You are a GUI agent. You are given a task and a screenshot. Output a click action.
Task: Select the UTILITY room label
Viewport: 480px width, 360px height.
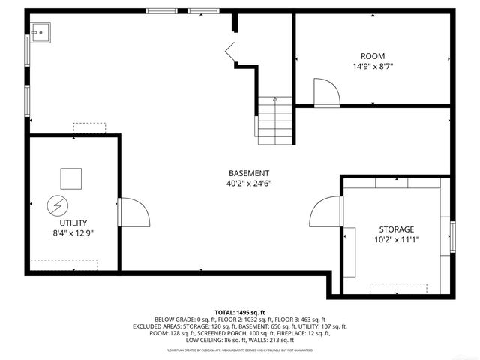coord(73,223)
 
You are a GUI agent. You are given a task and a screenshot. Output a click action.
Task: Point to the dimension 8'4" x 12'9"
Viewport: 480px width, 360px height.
coord(73,233)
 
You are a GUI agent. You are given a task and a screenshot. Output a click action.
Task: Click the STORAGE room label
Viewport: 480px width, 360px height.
coord(396,229)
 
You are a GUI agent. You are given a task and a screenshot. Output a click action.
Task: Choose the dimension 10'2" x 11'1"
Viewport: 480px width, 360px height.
coord(396,240)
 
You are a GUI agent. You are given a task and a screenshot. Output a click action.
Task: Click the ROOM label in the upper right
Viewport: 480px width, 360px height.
coord(373,56)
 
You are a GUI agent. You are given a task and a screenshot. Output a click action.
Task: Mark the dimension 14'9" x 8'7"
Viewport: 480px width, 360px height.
coord(373,67)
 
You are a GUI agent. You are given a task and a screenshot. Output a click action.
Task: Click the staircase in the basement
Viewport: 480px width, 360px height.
coord(275,120)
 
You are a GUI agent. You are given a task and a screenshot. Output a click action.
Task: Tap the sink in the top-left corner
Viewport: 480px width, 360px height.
coord(40,31)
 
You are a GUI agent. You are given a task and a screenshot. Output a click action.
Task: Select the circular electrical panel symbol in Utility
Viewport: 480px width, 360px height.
coord(57,204)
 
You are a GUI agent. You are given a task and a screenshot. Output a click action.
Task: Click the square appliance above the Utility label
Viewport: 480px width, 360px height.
coord(71,178)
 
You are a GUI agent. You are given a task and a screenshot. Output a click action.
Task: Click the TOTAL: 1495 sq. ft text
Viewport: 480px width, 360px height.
coord(240,312)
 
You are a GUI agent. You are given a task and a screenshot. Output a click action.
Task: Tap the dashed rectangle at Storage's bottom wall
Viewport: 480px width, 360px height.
coord(398,287)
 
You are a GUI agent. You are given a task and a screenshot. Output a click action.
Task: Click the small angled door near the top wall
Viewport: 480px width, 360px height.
coord(232,52)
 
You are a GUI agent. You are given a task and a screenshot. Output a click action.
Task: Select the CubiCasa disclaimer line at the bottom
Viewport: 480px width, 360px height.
coord(240,350)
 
